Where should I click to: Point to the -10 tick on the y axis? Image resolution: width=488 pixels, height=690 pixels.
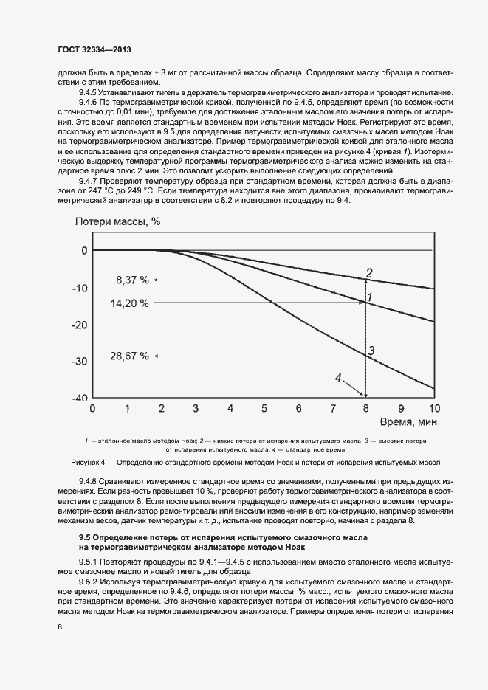coord(79,288)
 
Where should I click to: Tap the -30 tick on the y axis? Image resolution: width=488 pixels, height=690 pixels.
coord(79,361)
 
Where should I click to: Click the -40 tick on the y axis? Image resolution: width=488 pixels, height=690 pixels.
coord(79,398)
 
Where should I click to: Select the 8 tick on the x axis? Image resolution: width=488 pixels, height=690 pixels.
coord(365,408)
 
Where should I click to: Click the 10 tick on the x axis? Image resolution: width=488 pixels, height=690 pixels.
coord(433,408)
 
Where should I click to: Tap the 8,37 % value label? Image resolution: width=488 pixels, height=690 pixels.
coord(133,280)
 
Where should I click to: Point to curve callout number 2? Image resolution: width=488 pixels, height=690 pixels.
coord(370,272)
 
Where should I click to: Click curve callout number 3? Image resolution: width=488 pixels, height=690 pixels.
coord(372,351)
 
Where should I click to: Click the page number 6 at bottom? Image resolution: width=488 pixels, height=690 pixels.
coord(60,627)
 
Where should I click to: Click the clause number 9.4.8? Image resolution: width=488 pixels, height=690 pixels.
coord(92,482)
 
